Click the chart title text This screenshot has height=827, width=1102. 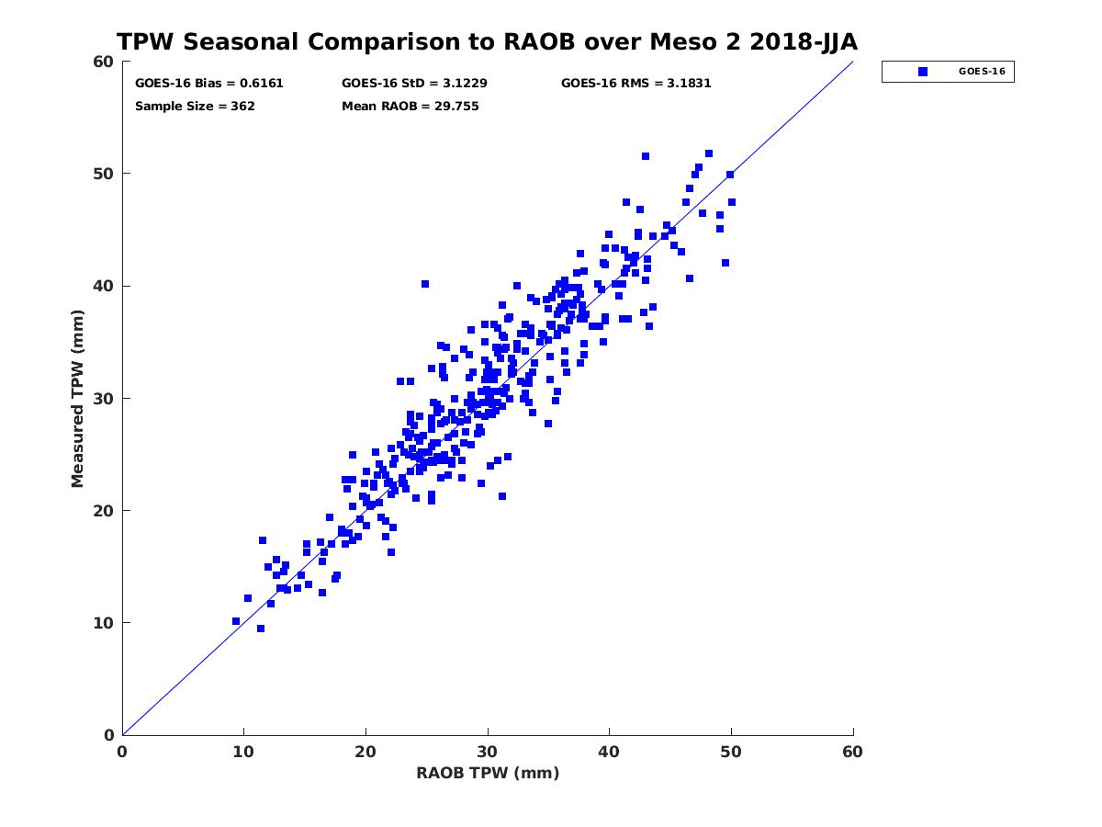pos(487,41)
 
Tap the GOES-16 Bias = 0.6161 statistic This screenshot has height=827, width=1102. pos(209,83)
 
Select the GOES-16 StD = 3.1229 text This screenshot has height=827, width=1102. pos(414,83)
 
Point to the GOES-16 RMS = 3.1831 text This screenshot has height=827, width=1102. pos(636,83)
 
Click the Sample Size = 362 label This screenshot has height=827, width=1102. pos(195,106)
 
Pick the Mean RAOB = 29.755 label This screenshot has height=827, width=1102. pos(410,106)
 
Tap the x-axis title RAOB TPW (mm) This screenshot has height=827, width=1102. pos(488,773)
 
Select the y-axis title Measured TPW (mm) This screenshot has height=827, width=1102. pos(78,397)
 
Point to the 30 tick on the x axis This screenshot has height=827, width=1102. pos(488,753)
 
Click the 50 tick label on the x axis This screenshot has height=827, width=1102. pos(731,753)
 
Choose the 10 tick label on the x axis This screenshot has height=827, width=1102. pos(243,753)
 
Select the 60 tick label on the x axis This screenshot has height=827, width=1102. pos(853,753)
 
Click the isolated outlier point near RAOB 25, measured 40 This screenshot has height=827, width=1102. pos(425,285)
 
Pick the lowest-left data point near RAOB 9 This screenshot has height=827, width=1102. pos(236,621)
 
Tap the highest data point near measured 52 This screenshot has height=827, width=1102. pos(709,153)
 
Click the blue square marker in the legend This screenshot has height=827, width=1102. pos(923,71)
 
